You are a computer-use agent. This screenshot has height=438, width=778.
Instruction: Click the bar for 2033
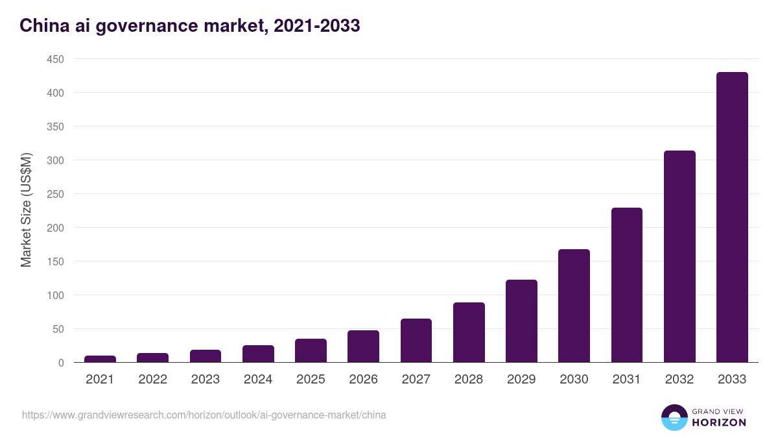732,217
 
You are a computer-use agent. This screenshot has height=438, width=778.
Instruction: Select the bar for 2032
679,256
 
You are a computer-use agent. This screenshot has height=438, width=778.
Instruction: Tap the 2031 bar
626,285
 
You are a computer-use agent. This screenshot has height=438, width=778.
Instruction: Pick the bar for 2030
574,306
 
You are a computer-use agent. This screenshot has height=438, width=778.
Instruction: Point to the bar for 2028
469,332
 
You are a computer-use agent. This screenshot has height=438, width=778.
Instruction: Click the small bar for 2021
100,359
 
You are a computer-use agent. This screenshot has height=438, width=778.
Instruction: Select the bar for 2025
311,350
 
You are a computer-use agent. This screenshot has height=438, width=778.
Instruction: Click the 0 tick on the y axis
61,363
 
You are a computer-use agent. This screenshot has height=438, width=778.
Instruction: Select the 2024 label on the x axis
258,380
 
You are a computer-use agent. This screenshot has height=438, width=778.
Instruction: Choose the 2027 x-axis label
416,380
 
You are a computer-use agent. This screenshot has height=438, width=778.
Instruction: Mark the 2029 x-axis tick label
521,380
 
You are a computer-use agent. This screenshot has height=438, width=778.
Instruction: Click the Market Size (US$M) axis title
26,210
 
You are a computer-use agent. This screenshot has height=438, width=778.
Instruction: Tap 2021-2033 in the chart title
316,26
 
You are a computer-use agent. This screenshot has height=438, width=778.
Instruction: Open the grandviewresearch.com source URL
204,415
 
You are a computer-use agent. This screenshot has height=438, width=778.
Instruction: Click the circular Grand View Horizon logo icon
674,417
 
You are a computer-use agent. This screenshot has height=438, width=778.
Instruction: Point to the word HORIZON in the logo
719,422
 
